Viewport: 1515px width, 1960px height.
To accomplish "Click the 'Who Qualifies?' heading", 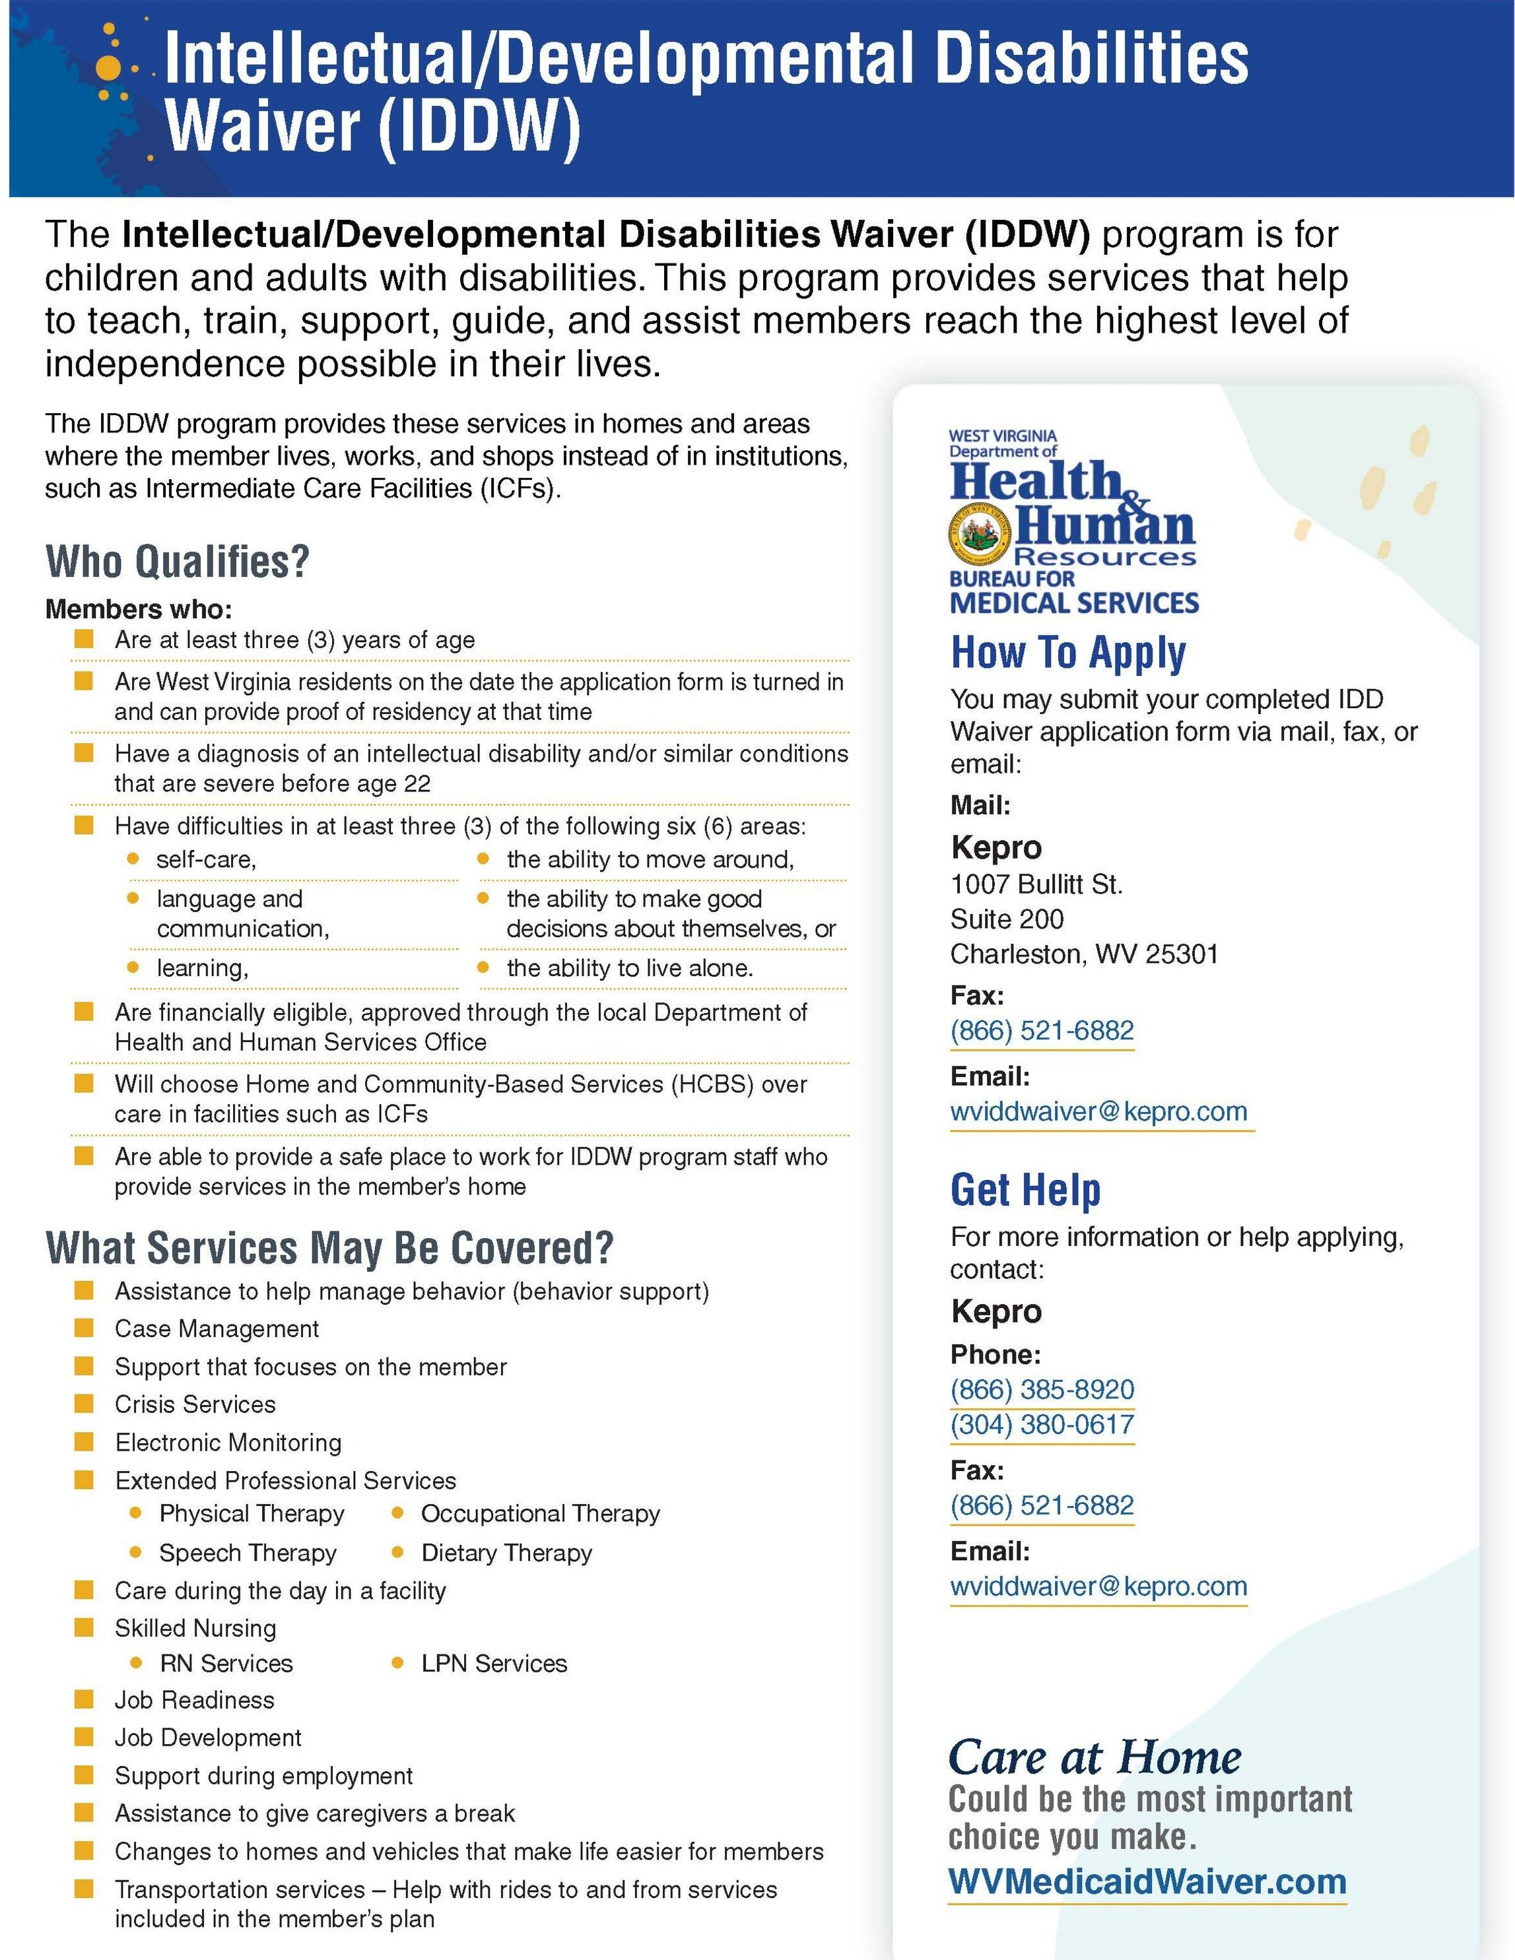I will coord(178,562).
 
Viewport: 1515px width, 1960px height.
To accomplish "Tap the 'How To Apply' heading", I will coord(1068,653).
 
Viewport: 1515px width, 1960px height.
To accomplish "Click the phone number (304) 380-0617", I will coord(1042,1424).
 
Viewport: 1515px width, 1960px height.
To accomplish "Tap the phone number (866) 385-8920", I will coord(1042,1389).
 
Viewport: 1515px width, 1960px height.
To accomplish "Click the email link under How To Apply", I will coord(1098,1111).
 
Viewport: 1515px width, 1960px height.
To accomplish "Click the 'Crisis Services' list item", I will coord(195,1404).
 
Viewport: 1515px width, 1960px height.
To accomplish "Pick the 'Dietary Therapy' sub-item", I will coord(506,1553).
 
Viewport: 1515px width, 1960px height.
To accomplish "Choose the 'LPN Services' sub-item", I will coord(494,1663).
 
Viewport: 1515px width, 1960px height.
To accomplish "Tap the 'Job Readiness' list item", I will coord(194,1700).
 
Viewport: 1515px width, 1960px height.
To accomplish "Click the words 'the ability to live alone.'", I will coord(629,967).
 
